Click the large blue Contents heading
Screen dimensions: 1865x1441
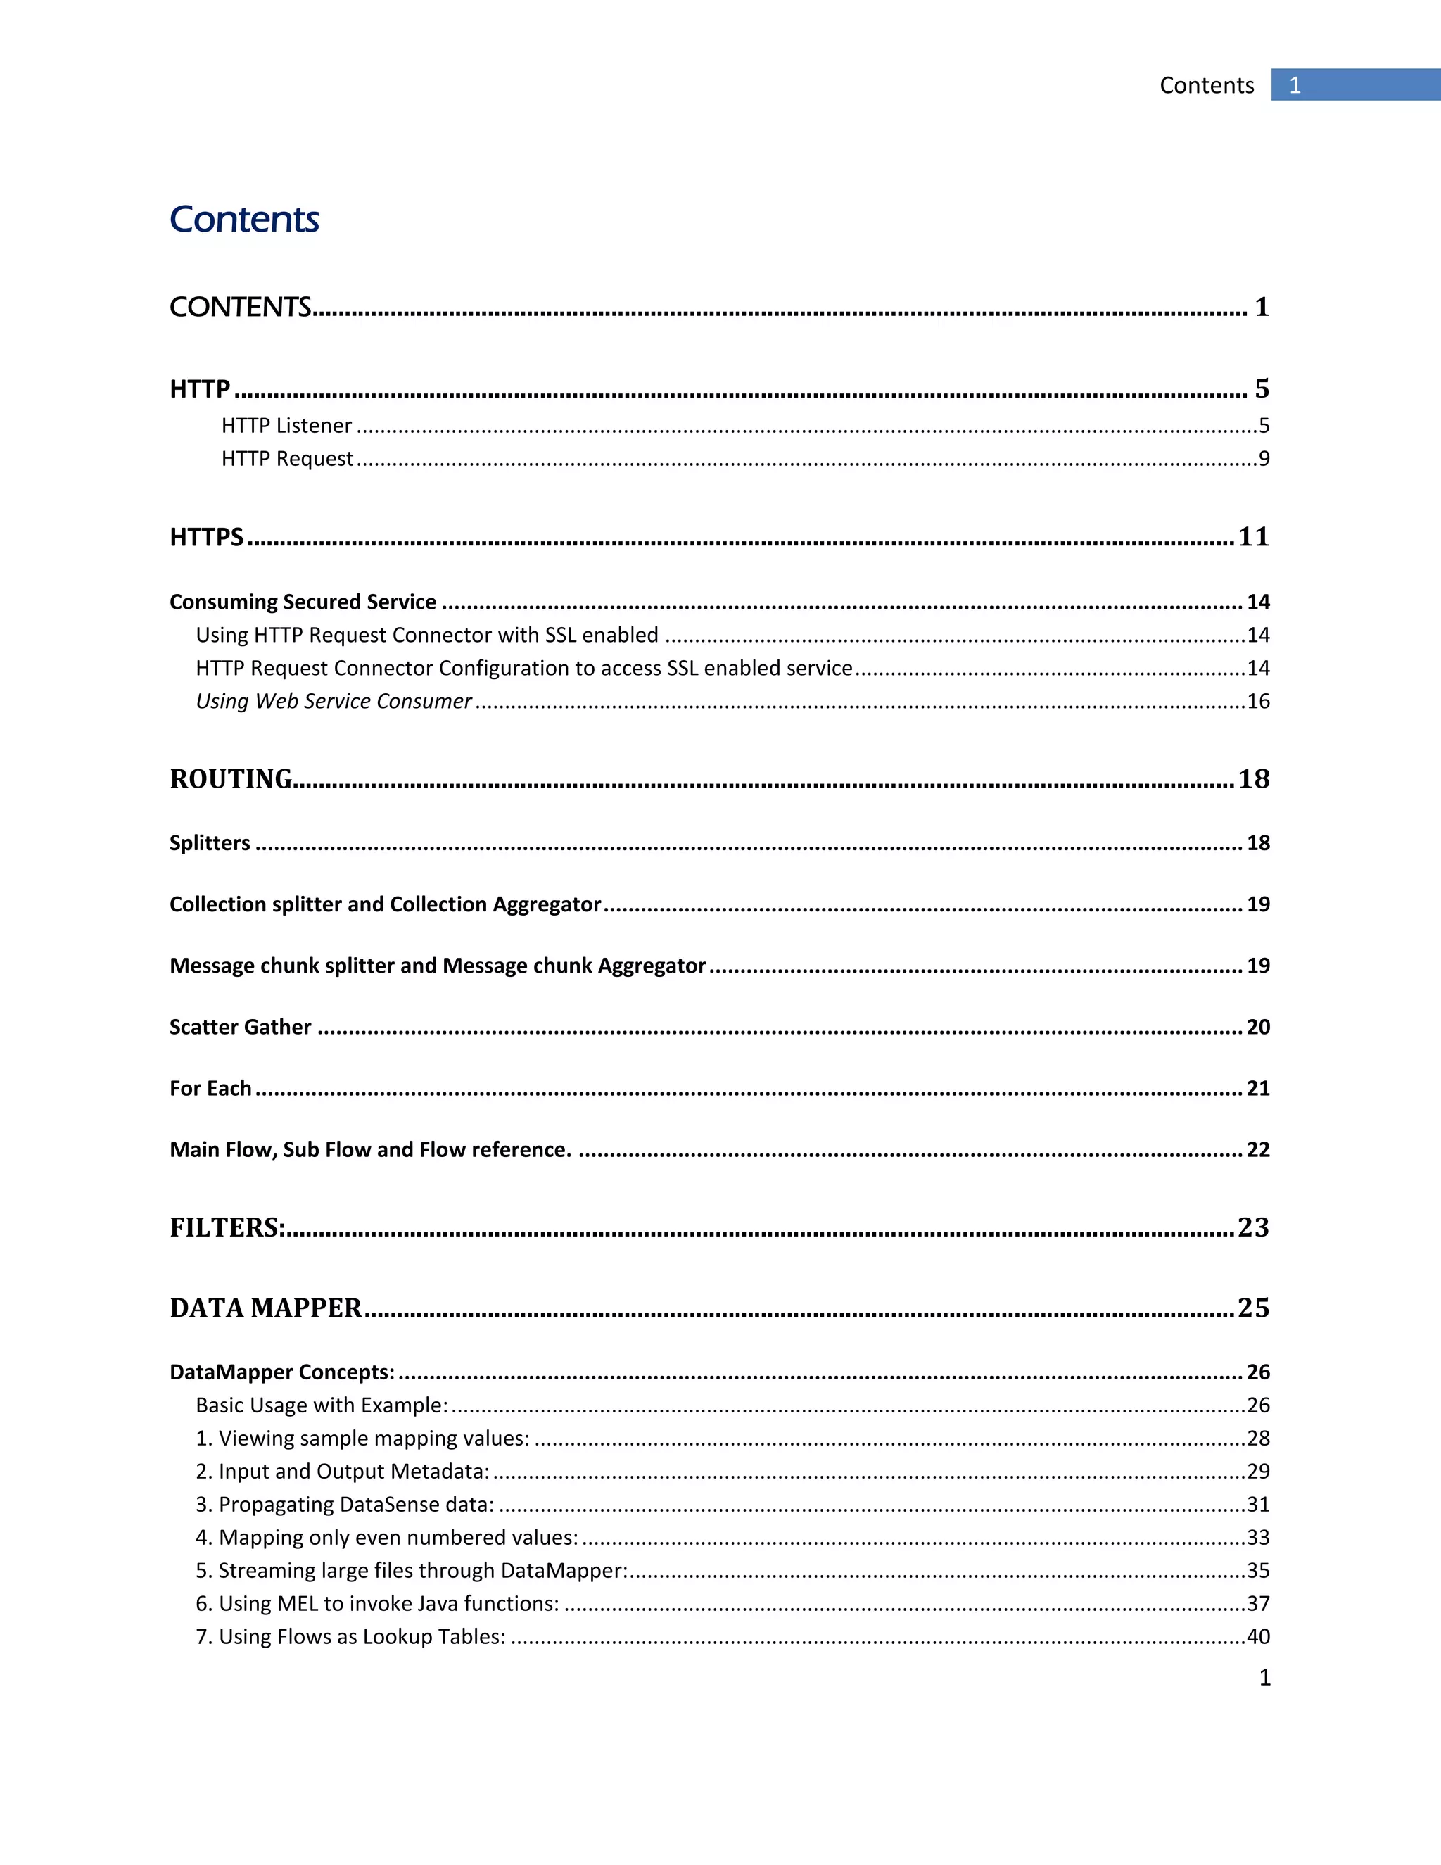[x=244, y=220]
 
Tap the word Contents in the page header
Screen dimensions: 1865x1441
[x=1206, y=85]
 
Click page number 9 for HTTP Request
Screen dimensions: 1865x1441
[x=1264, y=459]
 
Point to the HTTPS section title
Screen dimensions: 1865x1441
[x=207, y=537]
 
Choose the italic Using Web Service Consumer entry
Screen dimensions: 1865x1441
[x=333, y=701]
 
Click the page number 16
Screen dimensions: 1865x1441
[x=1258, y=701]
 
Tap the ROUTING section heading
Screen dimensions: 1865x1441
[x=231, y=779]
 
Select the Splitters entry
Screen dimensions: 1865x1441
[x=209, y=843]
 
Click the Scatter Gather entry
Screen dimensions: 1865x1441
[x=240, y=1026]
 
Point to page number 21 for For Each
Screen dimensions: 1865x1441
[x=1258, y=1088]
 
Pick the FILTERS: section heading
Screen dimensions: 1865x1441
[x=227, y=1227]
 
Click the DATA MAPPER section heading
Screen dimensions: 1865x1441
[x=265, y=1308]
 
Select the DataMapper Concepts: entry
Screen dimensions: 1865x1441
[x=281, y=1372]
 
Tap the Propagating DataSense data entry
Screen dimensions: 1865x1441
[x=345, y=1504]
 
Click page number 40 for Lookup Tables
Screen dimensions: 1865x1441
[x=1258, y=1636]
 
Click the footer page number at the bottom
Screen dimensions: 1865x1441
[x=1264, y=1677]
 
